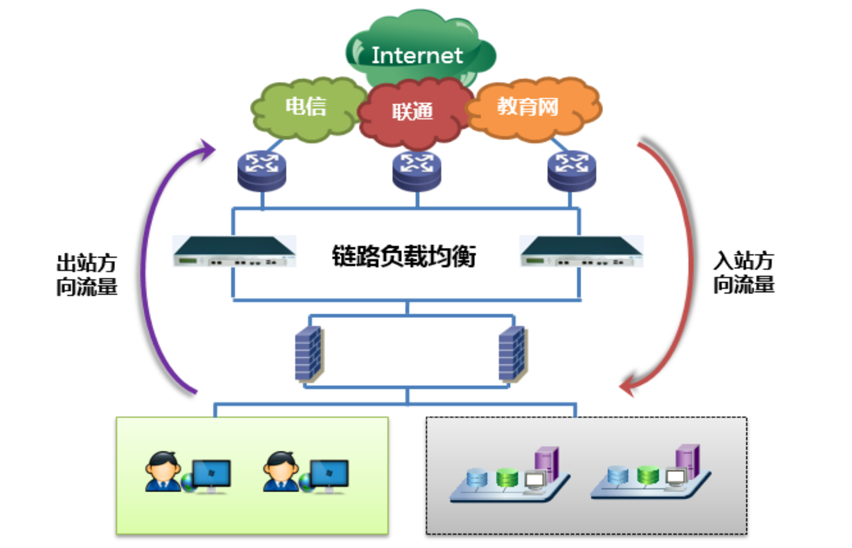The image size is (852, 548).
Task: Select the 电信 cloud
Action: pos(306,108)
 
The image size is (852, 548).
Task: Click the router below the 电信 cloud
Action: pos(262,171)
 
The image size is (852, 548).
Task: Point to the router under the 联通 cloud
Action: pos(416,171)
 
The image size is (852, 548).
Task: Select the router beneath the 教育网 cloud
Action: pos(571,171)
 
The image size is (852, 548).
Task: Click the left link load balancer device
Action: pos(234,251)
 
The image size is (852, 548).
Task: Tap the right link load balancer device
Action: pos(581,251)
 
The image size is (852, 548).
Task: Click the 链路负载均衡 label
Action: pos(404,256)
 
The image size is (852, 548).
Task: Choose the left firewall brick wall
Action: pos(308,353)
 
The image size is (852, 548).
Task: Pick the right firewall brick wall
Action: pos(512,353)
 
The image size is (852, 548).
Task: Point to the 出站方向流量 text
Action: pos(87,275)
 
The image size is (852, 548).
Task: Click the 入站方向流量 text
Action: pos(744,272)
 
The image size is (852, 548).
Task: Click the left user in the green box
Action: pos(162,472)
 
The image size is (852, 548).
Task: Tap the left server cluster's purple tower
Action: pos(546,463)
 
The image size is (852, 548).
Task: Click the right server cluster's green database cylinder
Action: pos(648,475)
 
